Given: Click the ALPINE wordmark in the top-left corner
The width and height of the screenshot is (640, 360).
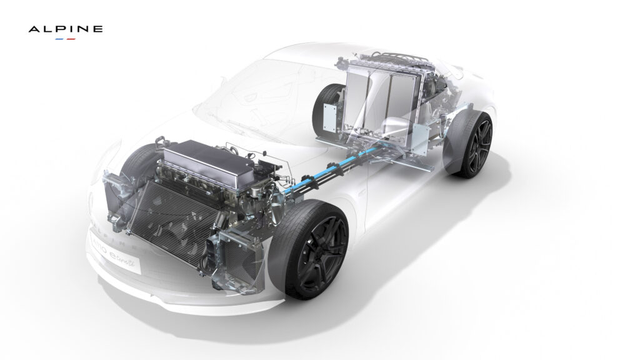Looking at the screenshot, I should point(66,29).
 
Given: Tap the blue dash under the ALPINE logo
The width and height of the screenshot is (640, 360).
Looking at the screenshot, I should point(59,39).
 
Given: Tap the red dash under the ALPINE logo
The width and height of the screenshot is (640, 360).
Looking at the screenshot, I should point(71,39).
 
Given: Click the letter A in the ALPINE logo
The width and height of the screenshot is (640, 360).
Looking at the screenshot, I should point(33,29).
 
